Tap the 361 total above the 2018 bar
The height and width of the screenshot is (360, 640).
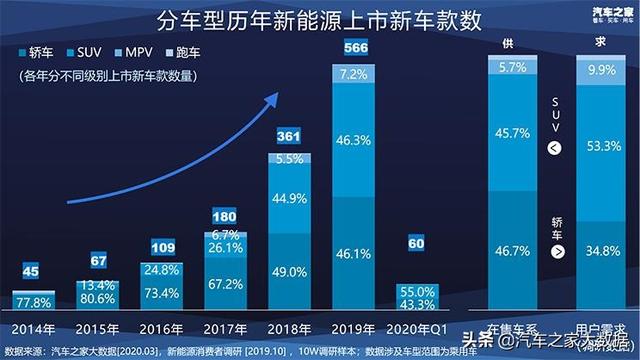289,135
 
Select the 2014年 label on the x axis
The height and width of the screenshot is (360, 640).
30,329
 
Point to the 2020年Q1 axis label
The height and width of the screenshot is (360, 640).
418,329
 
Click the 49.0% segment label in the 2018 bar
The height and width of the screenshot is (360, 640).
289,271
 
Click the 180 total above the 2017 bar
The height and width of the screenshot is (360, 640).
225,216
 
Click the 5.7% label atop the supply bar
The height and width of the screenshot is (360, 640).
513,68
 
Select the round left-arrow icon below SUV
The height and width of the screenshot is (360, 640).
555,149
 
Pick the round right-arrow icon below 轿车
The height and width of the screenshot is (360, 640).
555,253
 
